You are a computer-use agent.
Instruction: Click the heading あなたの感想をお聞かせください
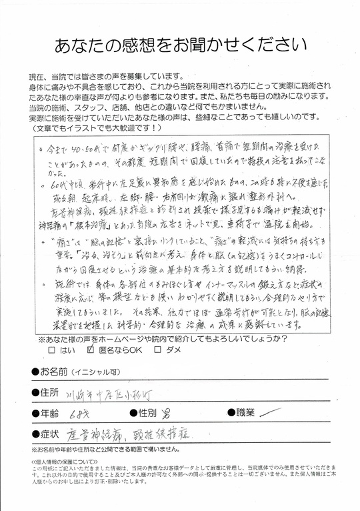point(179,44)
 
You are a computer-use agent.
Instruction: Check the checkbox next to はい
point(53,350)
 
